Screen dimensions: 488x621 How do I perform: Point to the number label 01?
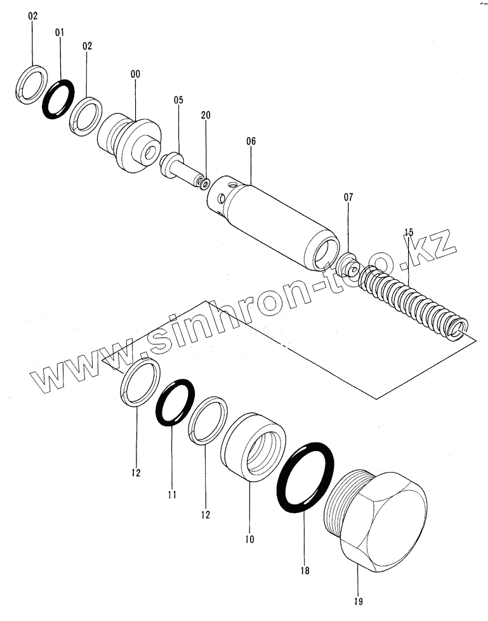point(60,32)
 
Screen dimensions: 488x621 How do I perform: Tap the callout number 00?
point(135,74)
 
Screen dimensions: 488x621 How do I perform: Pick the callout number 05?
point(178,100)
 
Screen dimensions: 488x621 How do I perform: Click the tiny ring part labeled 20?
point(203,183)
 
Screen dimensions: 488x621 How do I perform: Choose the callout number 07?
point(348,198)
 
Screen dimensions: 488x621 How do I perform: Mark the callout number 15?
point(408,233)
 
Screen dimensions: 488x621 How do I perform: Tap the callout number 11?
point(172,495)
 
